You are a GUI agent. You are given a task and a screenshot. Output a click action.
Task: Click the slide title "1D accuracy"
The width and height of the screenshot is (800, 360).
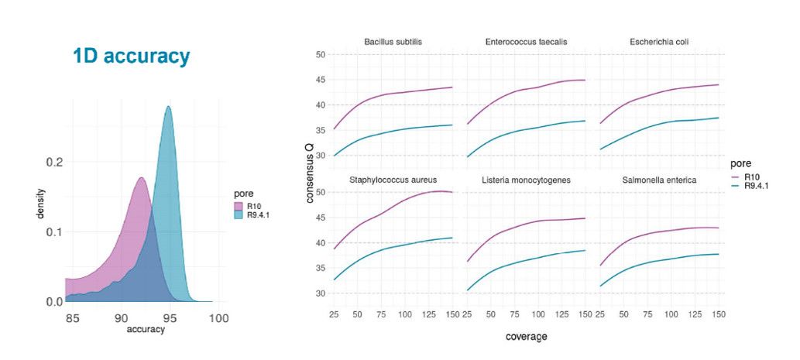(131, 57)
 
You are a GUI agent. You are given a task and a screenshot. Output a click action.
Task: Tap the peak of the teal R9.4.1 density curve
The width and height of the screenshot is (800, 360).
(168, 107)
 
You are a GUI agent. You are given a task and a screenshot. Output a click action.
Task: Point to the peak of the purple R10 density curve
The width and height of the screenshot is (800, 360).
(141, 178)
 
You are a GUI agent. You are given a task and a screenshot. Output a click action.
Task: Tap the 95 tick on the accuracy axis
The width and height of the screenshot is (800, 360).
(170, 317)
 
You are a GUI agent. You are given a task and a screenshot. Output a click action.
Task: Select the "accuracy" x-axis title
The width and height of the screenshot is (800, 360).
(144, 328)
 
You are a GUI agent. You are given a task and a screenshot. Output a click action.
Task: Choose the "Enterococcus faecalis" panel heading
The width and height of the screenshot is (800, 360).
(526, 41)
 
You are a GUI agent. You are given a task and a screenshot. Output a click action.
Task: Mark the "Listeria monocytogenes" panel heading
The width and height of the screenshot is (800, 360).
(526, 180)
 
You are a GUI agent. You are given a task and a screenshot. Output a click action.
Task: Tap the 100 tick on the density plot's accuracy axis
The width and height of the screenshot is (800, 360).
(218, 317)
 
